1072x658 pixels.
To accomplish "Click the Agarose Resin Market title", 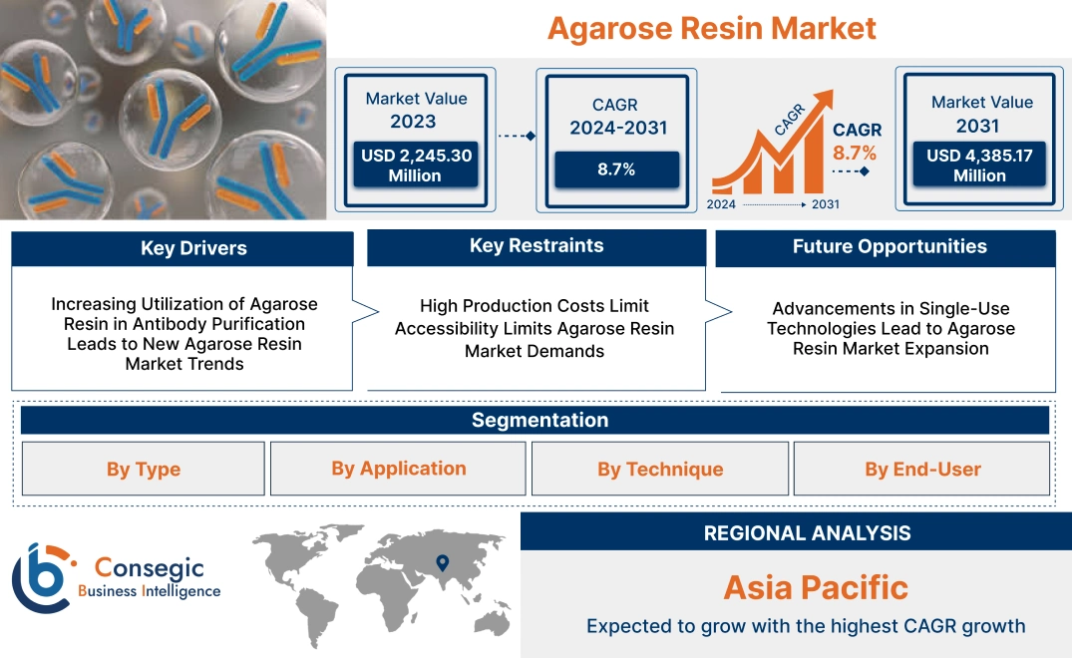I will click(x=712, y=28).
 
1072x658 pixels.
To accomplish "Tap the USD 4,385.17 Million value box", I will click(x=979, y=165).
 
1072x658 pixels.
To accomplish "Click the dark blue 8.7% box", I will click(x=616, y=169).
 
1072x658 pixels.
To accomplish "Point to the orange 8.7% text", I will click(x=855, y=153).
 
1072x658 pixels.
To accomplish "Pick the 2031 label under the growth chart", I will click(x=825, y=204).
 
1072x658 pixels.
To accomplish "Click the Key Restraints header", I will click(x=536, y=246).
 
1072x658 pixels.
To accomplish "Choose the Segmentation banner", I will click(x=539, y=420).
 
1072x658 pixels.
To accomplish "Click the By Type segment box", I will click(x=144, y=469).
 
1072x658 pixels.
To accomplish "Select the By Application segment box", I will click(x=399, y=469).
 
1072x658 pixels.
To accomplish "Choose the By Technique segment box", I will click(x=660, y=469).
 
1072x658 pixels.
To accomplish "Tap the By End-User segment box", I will click(x=922, y=469).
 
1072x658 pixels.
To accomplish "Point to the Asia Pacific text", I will click(x=815, y=587).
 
